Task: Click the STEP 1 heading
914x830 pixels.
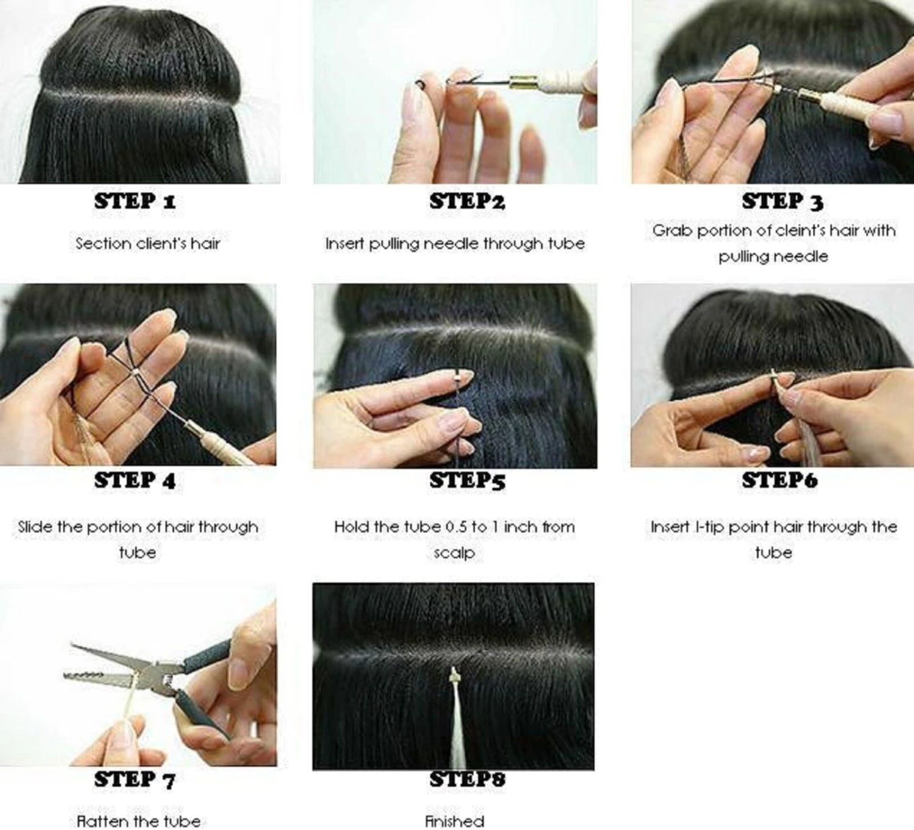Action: (135, 201)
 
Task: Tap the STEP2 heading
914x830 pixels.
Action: (467, 201)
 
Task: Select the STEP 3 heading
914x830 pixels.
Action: (782, 201)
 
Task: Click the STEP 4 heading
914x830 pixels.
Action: (135, 480)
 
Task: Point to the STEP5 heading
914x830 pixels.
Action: (467, 480)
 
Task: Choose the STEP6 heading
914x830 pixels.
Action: (779, 480)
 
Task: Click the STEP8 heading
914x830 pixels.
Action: (467, 779)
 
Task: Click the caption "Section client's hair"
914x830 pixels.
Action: (147, 243)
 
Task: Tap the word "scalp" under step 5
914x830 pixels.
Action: (455, 553)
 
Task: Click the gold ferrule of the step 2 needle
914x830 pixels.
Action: (520, 83)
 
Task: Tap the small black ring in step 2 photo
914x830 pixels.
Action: (420, 83)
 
